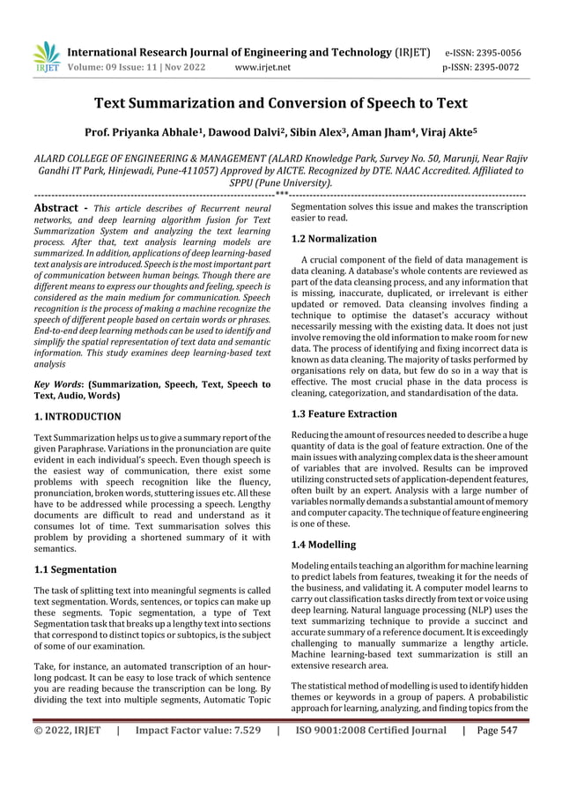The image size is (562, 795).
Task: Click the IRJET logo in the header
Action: point(46,57)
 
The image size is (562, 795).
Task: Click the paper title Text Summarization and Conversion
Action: point(280,103)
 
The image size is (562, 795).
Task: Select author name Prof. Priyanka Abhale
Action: point(141,133)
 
